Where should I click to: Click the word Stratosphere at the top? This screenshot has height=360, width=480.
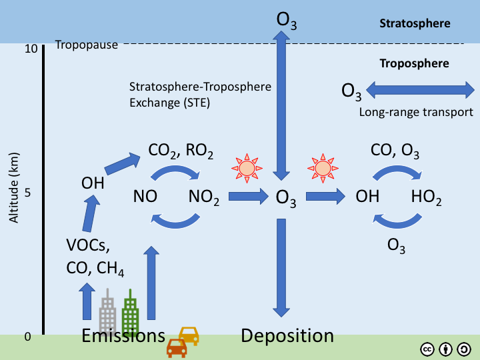[415, 23]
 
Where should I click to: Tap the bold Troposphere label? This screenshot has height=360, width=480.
[414, 64]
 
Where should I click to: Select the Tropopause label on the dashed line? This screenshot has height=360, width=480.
[86, 45]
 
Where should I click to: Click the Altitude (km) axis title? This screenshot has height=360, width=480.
[13, 193]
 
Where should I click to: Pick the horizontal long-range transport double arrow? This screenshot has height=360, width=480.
[419, 89]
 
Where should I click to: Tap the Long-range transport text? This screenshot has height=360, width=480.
[416, 112]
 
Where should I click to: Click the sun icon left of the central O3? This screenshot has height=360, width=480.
[247, 167]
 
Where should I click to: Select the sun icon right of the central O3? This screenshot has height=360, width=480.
[323, 167]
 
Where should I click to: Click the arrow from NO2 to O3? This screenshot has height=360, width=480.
[248, 196]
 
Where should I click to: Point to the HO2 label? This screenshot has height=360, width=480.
[427, 197]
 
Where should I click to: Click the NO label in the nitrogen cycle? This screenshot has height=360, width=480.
[145, 197]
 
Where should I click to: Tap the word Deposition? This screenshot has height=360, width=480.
[287, 335]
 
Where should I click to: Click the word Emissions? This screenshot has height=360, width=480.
[123, 335]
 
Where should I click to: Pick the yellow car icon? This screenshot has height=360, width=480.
[189, 335]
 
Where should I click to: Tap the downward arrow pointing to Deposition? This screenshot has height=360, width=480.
[281, 267]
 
